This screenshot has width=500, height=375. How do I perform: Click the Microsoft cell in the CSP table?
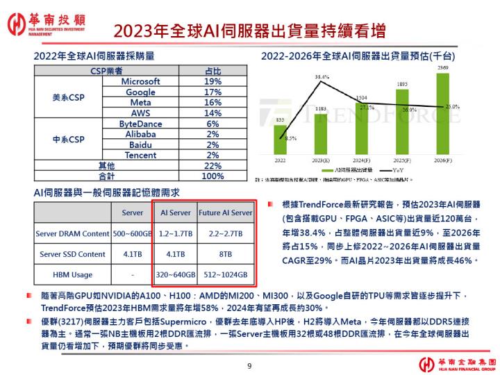(x=140, y=81)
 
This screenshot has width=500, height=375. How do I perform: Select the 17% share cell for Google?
(x=212, y=92)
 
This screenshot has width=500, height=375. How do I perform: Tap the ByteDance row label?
(x=140, y=124)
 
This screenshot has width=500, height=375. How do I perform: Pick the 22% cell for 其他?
(x=212, y=166)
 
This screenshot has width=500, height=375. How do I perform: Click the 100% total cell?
(x=212, y=176)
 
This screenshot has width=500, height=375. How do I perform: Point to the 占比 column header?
(x=212, y=71)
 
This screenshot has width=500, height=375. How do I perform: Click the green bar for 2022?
(x=280, y=139)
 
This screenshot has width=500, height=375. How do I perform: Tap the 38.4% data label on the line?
(x=322, y=76)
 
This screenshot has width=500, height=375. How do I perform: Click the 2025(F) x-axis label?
(x=401, y=160)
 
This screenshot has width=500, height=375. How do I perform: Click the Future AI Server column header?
(x=226, y=212)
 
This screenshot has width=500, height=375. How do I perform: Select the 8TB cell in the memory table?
(x=226, y=254)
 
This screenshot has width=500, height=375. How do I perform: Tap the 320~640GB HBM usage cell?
(x=176, y=274)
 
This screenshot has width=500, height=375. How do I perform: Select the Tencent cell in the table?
(x=140, y=156)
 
